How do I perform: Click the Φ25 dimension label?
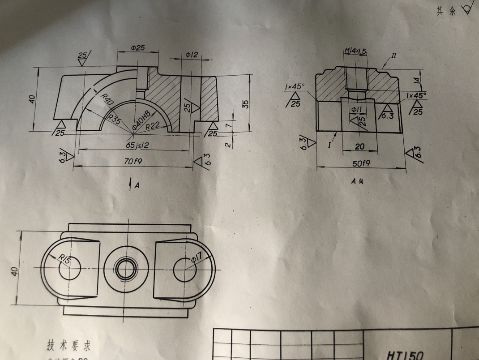pyautogui.click(x=137, y=47)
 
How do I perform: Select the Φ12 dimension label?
pyautogui.click(x=192, y=55)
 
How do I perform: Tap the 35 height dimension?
pyautogui.click(x=245, y=103)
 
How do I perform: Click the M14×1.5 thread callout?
pyautogui.click(x=355, y=51)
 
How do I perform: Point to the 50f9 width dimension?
pyautogui.click(x=361, y=164)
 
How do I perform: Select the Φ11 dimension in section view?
pyautogui.click(x=356, y=109)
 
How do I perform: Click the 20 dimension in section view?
pyautogui.click(x=359, y=146)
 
